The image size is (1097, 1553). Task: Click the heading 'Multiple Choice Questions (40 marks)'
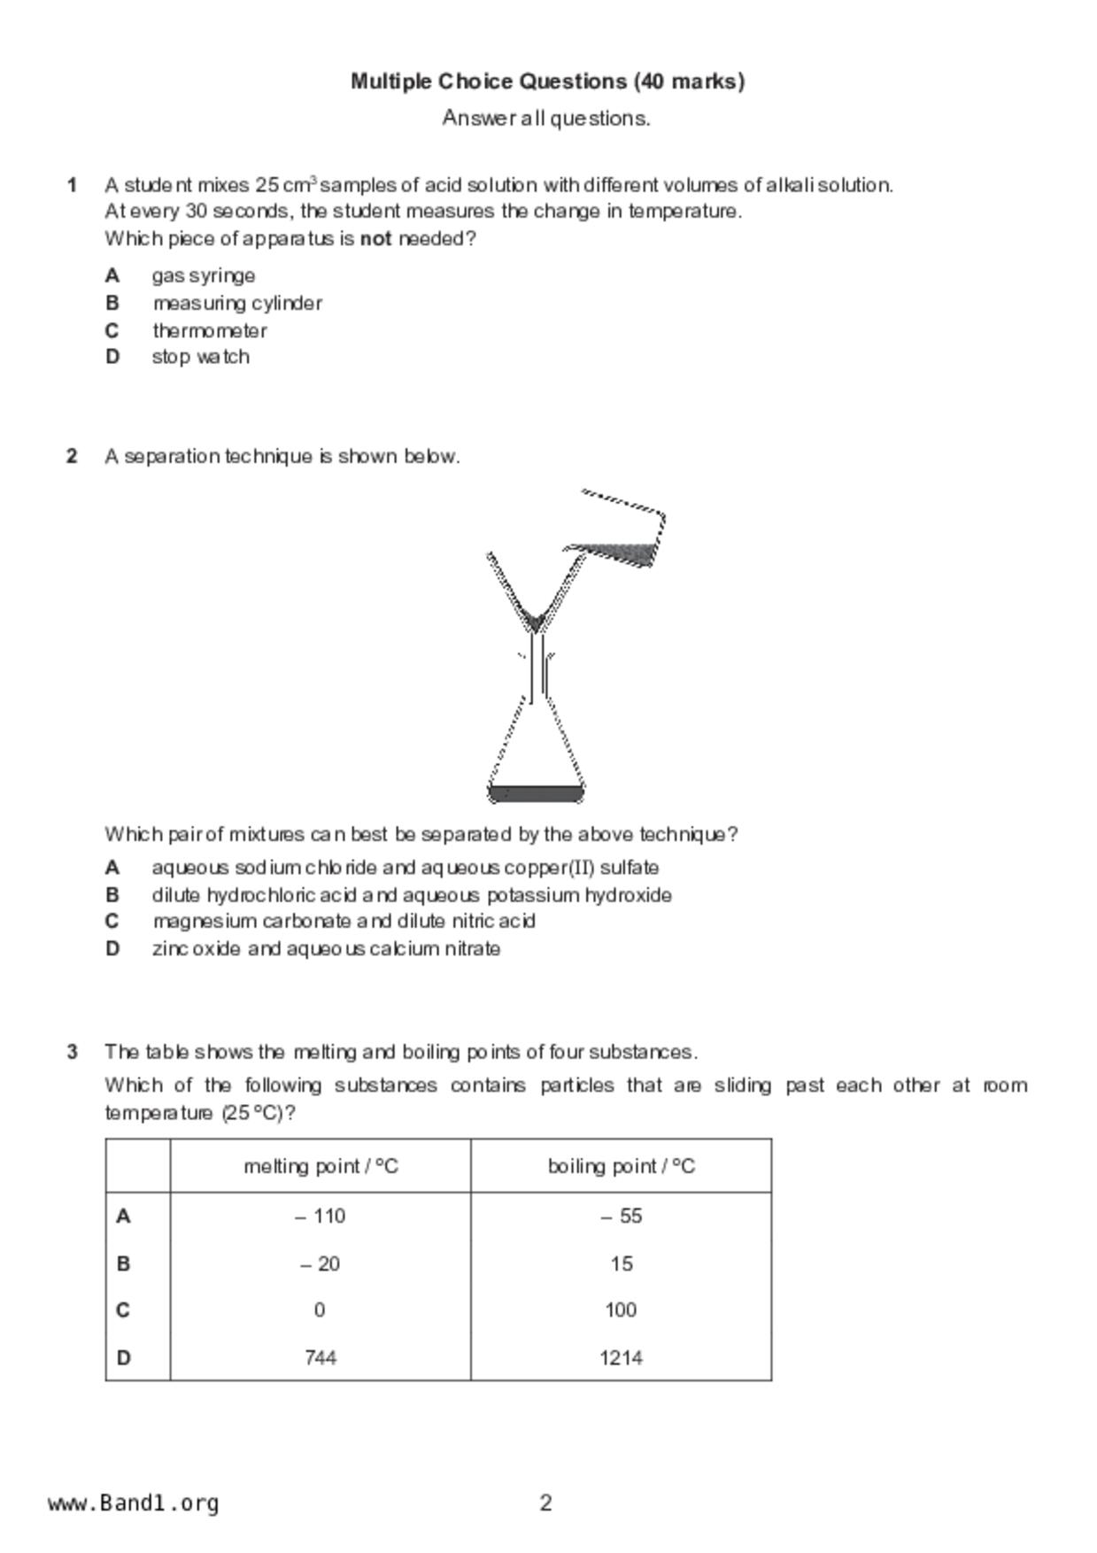coord(547,81)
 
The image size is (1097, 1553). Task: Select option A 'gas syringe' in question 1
coord(203,275)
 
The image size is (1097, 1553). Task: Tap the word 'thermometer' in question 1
coord(209,330)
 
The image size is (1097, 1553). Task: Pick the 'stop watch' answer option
coord(200,357)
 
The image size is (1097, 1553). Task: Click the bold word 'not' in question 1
coord(375,238)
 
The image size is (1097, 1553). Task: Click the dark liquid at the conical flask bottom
coord(536,792)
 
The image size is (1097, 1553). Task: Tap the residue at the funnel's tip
coord(534,620)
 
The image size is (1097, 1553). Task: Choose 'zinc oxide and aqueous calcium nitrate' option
coord(325,948)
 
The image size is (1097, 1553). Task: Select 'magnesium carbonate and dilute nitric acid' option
coord(343,921)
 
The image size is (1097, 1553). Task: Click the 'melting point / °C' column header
coord(321,1166)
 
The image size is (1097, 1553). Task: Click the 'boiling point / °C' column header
coord(621,1166)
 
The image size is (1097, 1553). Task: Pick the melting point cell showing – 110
coord(320,1216)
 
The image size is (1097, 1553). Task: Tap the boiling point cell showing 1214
coord(621,1357)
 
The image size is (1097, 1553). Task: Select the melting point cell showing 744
coord(320,1357)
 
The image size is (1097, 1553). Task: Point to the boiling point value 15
coord(621,1263)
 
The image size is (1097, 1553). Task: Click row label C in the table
coord(123,1310)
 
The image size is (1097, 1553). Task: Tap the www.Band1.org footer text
coord(133,1503)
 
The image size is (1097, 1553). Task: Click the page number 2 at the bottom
coord(545,1503)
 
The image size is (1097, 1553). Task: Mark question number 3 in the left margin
coord(72,1052)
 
